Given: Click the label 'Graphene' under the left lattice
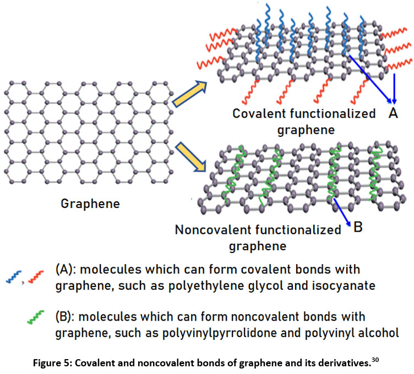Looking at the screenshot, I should pos(90,204).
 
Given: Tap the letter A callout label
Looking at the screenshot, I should pos(393,113).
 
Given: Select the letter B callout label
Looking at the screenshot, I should pos(358,227).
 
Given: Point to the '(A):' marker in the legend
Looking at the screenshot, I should pos(67,270).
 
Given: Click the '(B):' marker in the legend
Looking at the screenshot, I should pos(67,317).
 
